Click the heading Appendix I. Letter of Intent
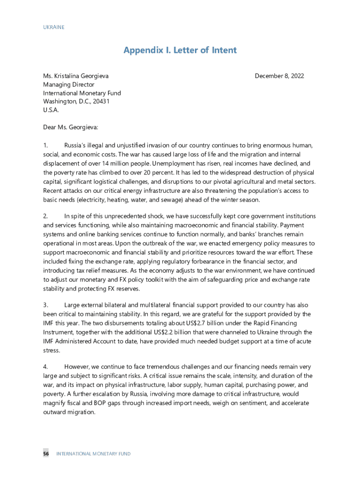tap(180, 50)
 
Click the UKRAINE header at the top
tap(53, 27)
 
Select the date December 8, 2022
tap(280, 76)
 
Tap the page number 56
tap(46, 454)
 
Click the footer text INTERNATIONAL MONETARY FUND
tap(94, 454)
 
